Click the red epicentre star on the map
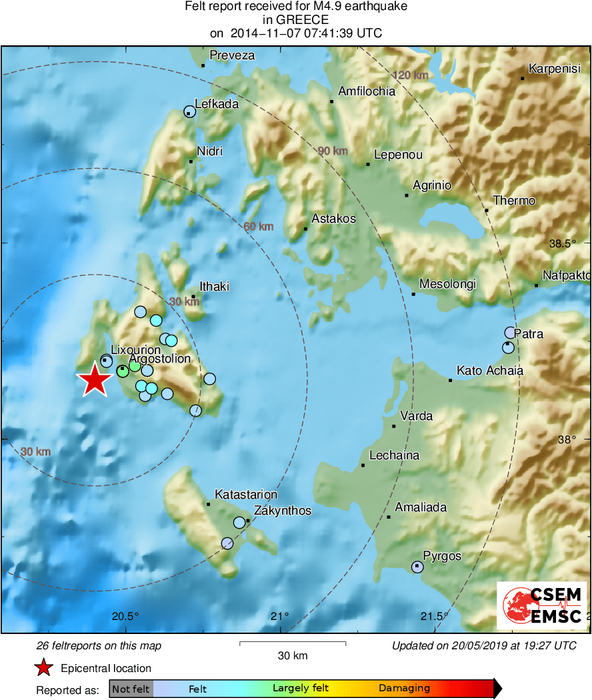[94, 381]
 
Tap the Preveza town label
[232, 55]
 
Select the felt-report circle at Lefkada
[190, 112]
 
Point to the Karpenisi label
[555, 68]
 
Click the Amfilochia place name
[367, 91]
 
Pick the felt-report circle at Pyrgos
[417, 567]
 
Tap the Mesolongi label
[447, 284]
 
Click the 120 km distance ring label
[411, 75]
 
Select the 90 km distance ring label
[332, 151]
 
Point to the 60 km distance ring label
[258, 227]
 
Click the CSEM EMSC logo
[541, 605]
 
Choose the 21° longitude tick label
[279, 615]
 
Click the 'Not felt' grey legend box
[131, 689]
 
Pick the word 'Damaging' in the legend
[404, 688]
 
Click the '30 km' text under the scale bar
[292, 656]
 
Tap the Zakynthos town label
[283, 511]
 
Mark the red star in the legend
[43, 668]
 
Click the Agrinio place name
[432, 185]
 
